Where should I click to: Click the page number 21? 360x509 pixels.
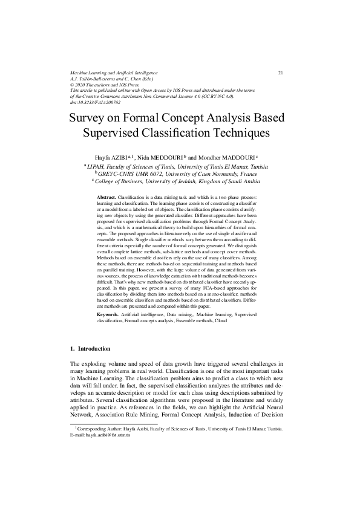point(281,73)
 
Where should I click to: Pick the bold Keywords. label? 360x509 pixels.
point(110,316)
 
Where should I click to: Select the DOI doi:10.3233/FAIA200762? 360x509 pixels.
point(96,102)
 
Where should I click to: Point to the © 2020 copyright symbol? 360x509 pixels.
point(73,85)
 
